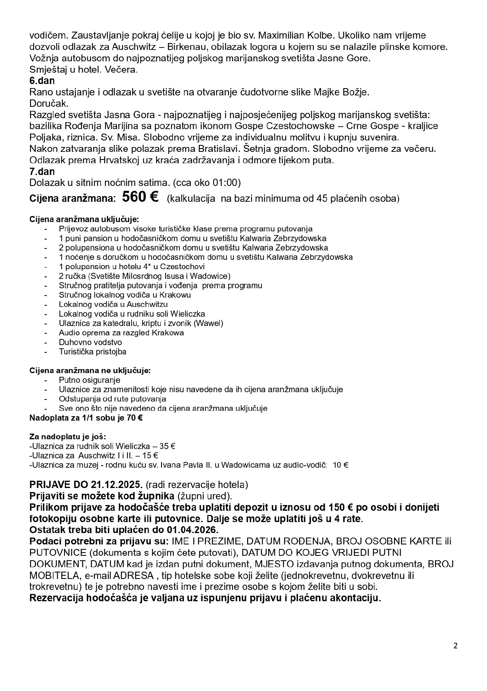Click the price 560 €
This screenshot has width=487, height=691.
[140, 197]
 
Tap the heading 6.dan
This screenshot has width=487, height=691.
[42, 81]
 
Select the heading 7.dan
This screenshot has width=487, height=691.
[42, 171]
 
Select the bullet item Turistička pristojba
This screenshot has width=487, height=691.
[93, 352]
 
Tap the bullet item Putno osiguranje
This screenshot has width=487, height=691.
[89, 380]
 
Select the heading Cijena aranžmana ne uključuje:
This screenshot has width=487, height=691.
[90, 371]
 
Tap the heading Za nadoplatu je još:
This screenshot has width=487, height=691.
[68, 437]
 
